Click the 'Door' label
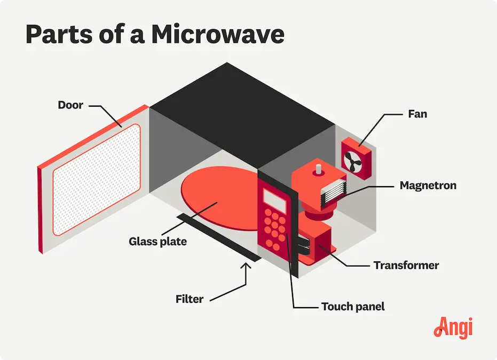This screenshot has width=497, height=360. click(70, 105)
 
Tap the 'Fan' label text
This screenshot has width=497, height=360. click(417, 114)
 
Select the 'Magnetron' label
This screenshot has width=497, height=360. click(428, 185)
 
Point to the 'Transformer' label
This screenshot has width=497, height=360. click(406, 265)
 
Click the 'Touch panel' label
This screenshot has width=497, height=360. click(353, 307)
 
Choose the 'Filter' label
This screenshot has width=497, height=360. click(189, 299)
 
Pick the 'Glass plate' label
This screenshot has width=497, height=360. click(157, 242)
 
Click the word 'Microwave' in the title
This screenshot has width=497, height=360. click(218, 34)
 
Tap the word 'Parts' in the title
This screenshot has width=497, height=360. click(59, 34)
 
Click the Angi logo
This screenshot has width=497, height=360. click(453, 327)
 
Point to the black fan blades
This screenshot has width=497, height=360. click(353, 161)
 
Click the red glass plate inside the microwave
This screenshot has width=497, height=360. click(222, 198)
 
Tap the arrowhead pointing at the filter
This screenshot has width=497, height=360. click(246, 266)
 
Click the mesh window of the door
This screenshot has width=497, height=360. click(96, 180)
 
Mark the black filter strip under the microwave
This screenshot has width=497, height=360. click(219, 237)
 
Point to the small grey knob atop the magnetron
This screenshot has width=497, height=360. click(319, 169)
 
